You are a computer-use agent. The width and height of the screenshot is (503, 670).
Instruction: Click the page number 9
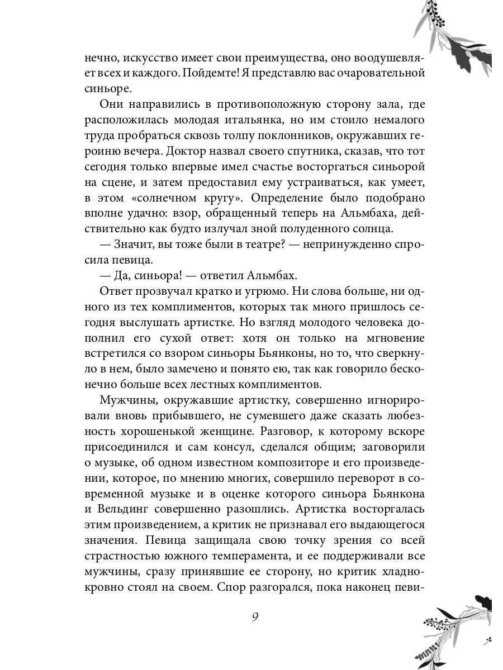coord(255,618)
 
